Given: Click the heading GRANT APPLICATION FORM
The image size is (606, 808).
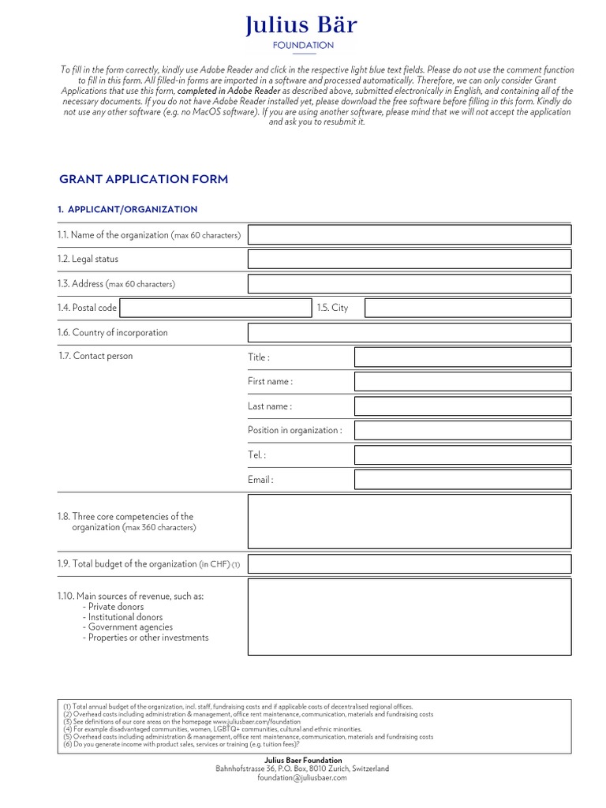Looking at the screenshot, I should coord(144,179).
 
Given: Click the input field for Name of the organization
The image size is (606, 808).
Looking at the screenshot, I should coord(410,234).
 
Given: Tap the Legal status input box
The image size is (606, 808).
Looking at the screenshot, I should coord(410,259).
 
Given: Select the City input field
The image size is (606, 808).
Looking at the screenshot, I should coord(468,308).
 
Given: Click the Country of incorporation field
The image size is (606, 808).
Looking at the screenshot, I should coord(410,332).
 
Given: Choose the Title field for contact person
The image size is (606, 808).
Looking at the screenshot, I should coord(462,357).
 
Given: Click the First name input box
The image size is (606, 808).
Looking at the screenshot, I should coord(462,382).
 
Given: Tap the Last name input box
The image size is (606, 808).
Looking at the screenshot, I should coord(462,406).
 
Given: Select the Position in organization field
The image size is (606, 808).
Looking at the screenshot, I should coord(462,430).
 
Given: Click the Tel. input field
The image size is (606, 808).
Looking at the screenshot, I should coord(462,455).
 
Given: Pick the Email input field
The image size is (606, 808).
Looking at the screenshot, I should coord(462,480).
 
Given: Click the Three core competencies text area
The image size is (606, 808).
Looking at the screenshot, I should coord(410,522).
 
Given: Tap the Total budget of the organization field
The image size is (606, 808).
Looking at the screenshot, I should coord(410,563).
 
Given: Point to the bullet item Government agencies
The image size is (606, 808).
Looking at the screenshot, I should coord(129,627).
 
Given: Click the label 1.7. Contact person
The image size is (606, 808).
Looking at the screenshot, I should coord(95,356).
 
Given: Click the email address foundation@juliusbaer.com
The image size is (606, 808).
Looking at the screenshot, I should coord(302,778).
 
